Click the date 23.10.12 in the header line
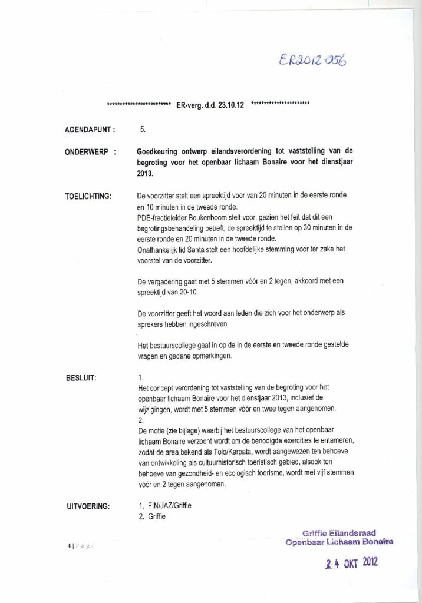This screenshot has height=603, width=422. pyautogui.click(x=232, y=105)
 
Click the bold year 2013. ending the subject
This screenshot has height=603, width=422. pyautogui.click(x=144, y=173)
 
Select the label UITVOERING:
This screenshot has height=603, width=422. pyautogui.click(x=88, y=505)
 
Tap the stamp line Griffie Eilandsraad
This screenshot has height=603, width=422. pyautogui.click(x=339, y=533)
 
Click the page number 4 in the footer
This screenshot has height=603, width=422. pyautogui.click(x=70, y=546)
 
